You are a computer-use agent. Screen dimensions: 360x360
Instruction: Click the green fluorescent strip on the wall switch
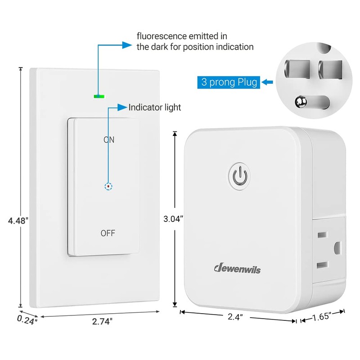click(99, 96)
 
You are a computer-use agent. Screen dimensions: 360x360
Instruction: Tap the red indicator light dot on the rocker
click(108, 185)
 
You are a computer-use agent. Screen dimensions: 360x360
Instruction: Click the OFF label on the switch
click(108, 233)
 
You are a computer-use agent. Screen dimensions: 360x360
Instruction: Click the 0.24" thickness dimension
click(27, 319)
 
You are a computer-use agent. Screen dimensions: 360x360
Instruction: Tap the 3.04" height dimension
click(173, 220)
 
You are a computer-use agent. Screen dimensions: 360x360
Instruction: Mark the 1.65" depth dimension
click(323, 317)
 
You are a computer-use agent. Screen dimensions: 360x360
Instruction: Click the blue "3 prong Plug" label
click(229, 82)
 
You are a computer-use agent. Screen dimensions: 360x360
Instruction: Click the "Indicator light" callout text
click(155, 108)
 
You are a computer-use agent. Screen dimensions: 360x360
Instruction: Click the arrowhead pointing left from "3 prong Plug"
click(265, 82)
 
